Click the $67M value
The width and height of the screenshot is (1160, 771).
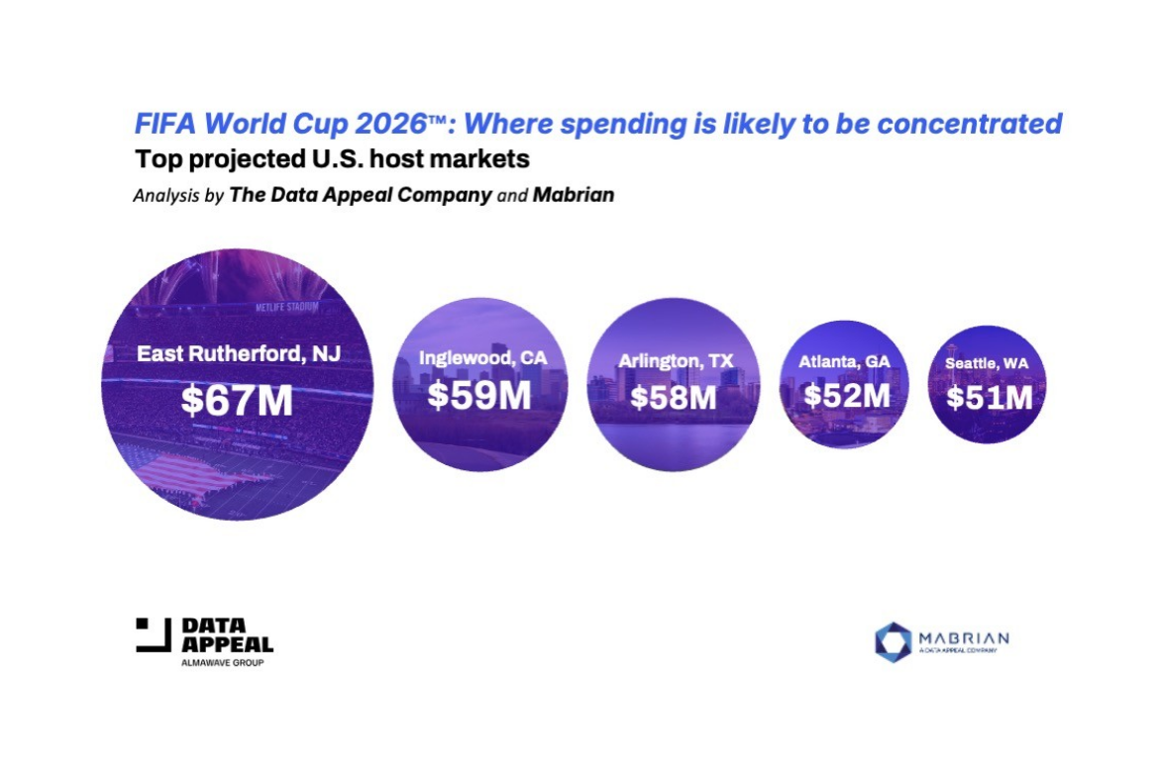point(237,400)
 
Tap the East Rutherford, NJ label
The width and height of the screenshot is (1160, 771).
point(238,353)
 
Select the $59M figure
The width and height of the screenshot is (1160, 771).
point(479,395)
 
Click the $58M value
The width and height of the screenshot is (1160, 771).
point(674,398)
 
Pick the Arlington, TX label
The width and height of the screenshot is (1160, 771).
point(676,362)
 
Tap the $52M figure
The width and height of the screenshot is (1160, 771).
point(846,395)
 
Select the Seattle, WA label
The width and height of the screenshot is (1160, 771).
point(986,364)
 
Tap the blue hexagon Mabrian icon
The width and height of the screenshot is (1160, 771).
point(893,641)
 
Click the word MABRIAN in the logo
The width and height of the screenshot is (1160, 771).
point(963,636)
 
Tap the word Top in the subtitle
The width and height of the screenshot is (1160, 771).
point(154,158)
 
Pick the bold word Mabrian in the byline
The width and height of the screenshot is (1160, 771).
point(573,195)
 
